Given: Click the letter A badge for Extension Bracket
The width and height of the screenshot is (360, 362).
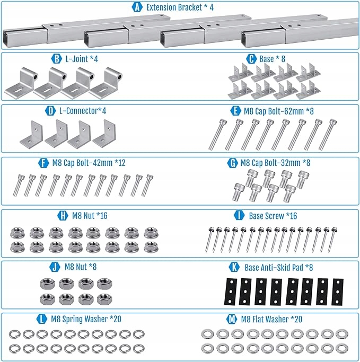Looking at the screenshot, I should point(137,8).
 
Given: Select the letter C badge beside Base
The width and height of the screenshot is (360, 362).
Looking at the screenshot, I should point(251,59).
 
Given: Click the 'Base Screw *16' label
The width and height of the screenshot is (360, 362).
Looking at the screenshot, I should point(273,215).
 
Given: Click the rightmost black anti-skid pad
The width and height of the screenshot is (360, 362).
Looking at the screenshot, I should point(337,292).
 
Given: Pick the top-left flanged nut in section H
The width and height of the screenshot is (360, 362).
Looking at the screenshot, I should point(16,232).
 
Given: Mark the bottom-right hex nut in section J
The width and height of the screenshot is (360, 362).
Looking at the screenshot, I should point(103,298).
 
